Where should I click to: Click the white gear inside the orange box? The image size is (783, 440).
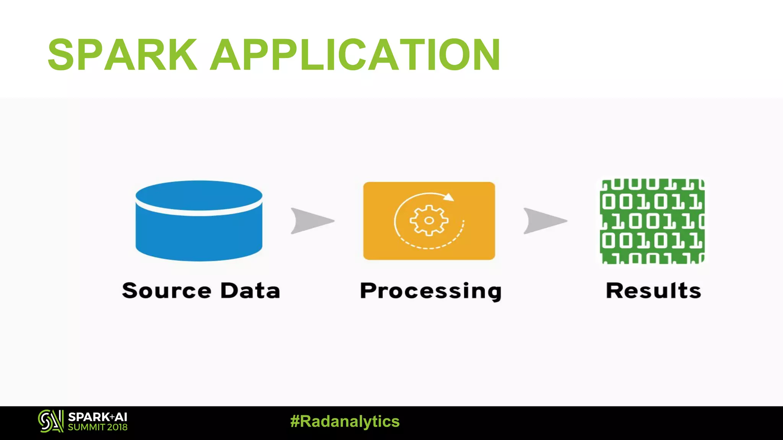point(429,220)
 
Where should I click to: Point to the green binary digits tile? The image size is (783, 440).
point(652,222)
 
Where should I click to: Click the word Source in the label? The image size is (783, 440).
point(166,291)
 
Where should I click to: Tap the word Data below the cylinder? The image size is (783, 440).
point(250,291)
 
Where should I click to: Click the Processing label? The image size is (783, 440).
point(430,291)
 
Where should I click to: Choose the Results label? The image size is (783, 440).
point(653,291)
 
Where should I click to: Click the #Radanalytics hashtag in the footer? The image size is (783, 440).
point(345,421)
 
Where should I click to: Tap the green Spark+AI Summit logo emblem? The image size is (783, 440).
point(50,421)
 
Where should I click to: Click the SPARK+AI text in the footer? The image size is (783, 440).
point(97,417)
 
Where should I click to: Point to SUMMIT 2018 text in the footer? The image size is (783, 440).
point(97,427)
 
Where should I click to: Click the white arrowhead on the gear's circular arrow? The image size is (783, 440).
point(449,197)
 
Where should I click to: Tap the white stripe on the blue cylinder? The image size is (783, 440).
point(199,212)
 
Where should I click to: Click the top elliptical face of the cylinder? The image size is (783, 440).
point(199,195)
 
